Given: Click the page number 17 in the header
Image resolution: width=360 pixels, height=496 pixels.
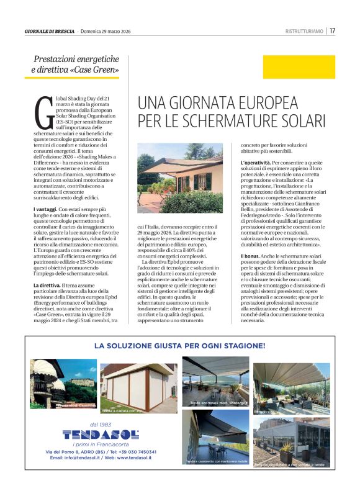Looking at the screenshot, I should (x=333, y=30).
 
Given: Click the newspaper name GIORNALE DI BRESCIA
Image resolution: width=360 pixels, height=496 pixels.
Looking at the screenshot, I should (x=50, y=31).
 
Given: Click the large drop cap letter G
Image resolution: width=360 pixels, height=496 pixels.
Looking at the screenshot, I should (x=43, y=112).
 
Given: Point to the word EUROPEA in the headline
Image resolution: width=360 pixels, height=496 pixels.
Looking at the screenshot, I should (x=264, y=102).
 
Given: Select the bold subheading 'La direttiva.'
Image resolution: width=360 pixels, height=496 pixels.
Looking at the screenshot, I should (x=48, y=284).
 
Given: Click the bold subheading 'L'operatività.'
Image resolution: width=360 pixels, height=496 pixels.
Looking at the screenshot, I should (x=254, y=163).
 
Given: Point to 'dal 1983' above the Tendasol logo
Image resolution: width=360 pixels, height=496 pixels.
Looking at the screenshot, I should (x=100, y=424).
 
